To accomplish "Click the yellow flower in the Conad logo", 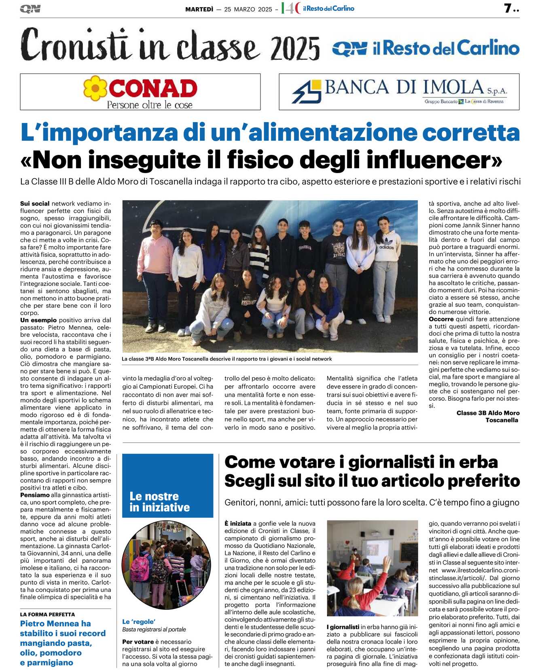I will click(x=95, y=88).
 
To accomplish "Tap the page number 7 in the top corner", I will click(x=508, y=8).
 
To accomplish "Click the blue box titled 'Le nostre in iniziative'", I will click(x=167, y=485).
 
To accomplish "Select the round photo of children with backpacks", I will click(x=166, y=565).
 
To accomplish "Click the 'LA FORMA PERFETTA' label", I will click(x=47, y=614).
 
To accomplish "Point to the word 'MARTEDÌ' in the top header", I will click(x=199, y=9).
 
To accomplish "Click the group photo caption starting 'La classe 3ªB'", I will click(x=227, y=359).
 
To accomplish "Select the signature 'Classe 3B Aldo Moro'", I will click(x=488, y=413).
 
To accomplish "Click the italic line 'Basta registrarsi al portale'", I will click(x=154, y=630).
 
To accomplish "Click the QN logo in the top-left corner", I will click(x=30, y=9).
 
